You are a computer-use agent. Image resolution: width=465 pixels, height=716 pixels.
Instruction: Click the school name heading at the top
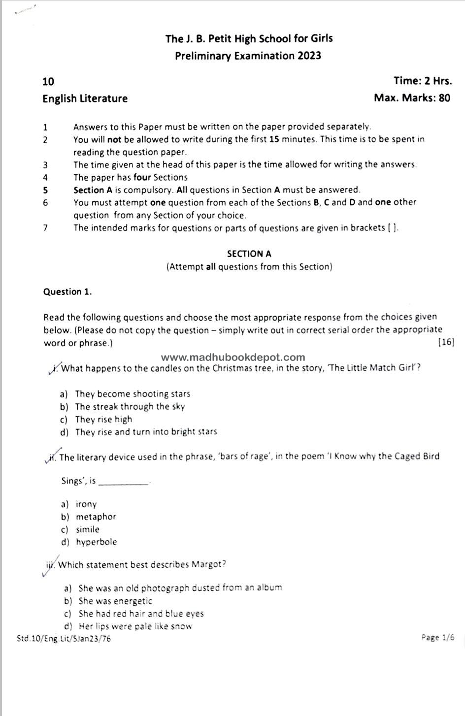coord(249,38)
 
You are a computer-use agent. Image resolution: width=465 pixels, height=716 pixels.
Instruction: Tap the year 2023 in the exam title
coord(309,56)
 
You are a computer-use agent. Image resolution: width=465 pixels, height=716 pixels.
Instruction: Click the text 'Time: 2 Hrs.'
coord(422,81)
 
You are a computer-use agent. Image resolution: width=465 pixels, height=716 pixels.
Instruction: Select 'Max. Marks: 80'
coord(412,98)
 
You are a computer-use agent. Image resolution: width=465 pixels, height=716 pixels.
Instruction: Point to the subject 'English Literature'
coord(85,98)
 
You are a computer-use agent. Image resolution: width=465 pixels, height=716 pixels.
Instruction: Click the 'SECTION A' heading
coord(249,254)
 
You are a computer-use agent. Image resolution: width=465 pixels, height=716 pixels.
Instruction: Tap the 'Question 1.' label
coord(67,292)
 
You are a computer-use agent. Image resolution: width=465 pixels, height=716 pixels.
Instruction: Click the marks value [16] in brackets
coord(445,342)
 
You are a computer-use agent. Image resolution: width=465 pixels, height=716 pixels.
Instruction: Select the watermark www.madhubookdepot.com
coord(233,358)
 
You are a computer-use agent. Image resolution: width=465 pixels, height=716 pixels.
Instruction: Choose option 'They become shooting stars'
coord(132,394)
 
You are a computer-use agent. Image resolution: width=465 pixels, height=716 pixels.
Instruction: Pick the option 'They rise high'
coord(103,420)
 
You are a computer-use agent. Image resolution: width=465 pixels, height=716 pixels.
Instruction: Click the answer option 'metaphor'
coord(96,517)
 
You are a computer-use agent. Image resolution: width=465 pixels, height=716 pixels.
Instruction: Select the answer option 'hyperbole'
coord(96,542)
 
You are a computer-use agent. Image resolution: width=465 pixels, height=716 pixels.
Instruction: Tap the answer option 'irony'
coord(86,504)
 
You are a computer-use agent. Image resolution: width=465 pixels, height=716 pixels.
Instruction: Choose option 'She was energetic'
coord(115,601)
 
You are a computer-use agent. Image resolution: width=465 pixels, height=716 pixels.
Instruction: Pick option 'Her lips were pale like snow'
coord(135,626)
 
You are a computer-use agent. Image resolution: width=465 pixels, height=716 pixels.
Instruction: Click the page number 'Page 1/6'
coord(437,638)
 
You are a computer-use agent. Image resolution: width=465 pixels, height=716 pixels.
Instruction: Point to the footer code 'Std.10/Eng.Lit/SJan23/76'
coord(64,639)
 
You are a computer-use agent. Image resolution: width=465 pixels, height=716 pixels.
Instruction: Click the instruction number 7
coord(45,228)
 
